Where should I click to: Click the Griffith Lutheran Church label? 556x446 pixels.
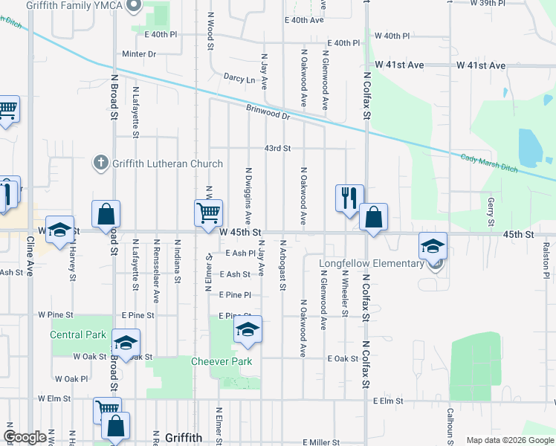coord(167,164)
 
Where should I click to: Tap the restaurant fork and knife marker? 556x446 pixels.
coord(349,198)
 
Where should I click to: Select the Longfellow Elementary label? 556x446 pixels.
coord(371,263)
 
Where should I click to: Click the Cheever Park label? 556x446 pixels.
coord(222,362)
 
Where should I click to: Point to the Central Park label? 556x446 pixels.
coord(78,334)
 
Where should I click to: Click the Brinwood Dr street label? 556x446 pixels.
coord(268,111)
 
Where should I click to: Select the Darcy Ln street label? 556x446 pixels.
coord(239,77)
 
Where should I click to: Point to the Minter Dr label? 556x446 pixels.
coord(139,54)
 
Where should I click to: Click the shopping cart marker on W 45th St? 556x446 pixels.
coord(209,213)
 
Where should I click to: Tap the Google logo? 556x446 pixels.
coord(25,438)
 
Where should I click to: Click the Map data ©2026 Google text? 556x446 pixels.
coord(509,440)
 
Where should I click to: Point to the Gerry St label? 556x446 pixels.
coord(491,213)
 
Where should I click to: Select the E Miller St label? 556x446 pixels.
coord(321,442)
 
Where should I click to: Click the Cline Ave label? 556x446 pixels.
coord(30,257)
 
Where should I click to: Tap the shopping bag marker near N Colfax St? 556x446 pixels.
coord(373,218)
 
